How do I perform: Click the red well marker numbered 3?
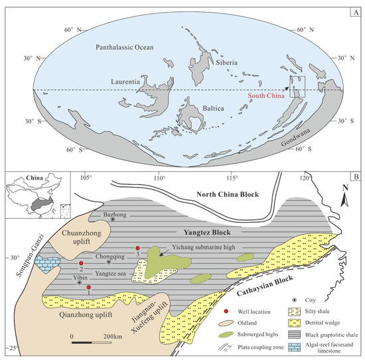point(137,247)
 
